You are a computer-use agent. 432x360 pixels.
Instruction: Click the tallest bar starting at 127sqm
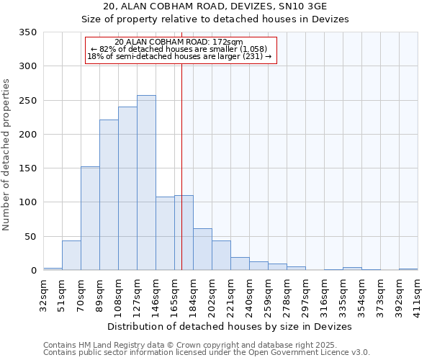(x=146, y=183)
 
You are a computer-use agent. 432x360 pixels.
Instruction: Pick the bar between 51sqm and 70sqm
(x=71, y=256)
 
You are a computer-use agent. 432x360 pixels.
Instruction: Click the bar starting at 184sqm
(x=202, y=249)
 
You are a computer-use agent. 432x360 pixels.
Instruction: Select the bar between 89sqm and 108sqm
(x=109, y=195)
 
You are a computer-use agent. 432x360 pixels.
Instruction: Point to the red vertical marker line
(x=181, y=166)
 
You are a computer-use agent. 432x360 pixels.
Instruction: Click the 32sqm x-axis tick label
(x=43, y=294)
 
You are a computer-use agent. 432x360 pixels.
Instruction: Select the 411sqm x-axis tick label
(x=418, y=294)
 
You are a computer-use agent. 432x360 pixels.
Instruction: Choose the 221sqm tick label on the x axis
(x=230, y=294)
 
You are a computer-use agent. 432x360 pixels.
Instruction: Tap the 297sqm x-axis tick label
(x=305, y=294)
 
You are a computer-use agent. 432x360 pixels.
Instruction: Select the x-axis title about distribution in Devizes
(x=230, y=326)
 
